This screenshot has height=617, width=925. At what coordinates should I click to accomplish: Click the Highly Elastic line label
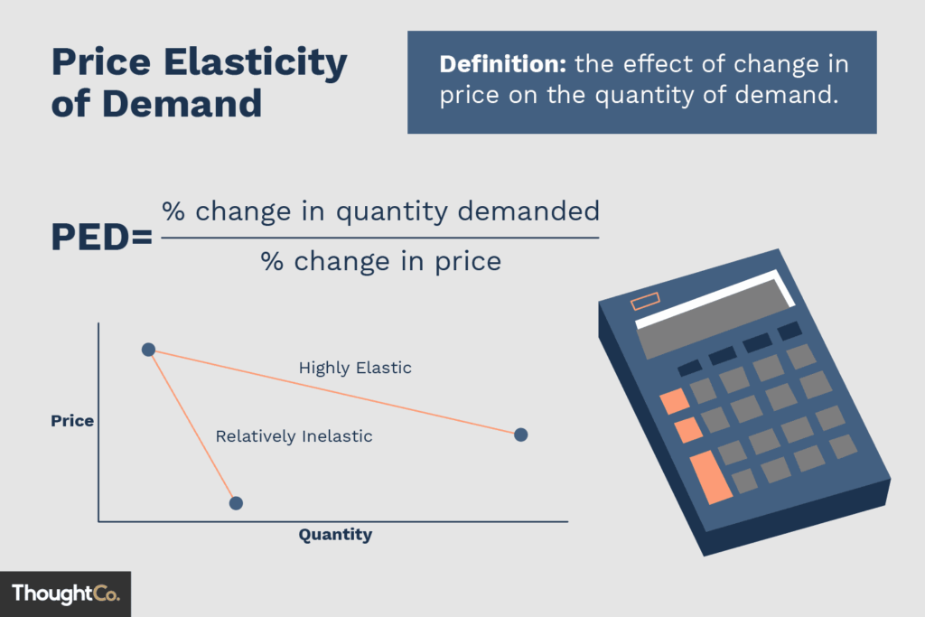point(355,368)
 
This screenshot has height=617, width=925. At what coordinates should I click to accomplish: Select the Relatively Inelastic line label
point(294,436)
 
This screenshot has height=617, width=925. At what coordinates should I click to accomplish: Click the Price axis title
point(72,421)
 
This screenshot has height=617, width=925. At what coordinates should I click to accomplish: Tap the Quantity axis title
point(335,535)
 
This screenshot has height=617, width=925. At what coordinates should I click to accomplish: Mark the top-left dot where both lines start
point(149,350)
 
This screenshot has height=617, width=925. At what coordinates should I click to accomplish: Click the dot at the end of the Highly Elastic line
point(520,435)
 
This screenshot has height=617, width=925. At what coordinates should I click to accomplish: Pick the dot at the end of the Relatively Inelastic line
point(236,502)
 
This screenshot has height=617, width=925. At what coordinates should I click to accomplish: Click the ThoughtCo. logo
point(65,594)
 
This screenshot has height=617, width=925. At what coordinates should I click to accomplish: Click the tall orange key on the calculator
point(711,478)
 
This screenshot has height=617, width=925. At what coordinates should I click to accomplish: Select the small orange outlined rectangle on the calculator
point(645,302)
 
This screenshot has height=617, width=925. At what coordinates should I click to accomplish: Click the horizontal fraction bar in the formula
point(379,238)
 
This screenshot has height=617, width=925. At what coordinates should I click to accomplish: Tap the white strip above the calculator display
point(714,295)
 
